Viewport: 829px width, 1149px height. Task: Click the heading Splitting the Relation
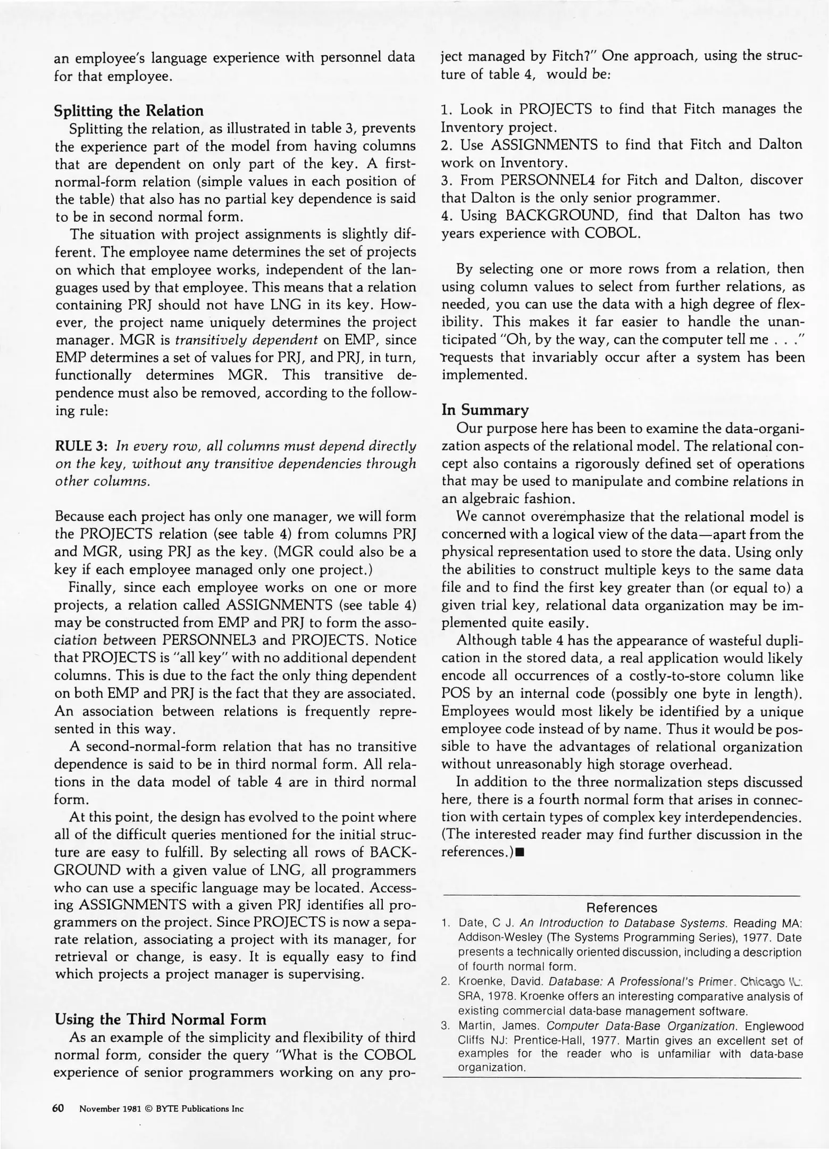coord(129,111)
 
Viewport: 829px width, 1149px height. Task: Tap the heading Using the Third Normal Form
coord(160,1019)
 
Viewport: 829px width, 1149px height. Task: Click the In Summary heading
coord(485,410)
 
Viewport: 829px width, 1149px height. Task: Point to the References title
coord(621,907)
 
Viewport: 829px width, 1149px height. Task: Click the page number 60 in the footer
coord(58,1109)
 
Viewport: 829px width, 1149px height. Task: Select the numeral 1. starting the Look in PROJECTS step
coord(446,109)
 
